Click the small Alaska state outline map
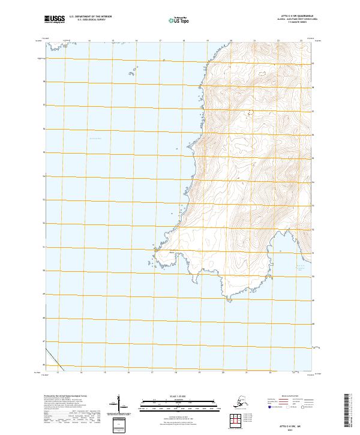240,400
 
